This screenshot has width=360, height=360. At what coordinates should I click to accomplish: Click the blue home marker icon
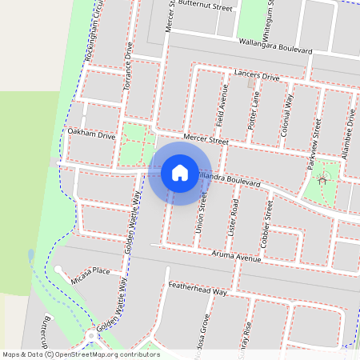click(x=180, y=173)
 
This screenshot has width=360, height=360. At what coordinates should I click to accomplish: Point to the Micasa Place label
click(x=90, y=271)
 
